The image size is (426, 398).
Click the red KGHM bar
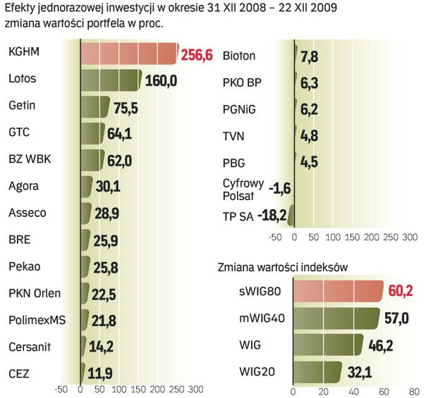[x=128, y=54]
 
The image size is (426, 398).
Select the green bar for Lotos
[x=111, y=80]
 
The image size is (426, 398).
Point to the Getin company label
[x=21, y=106]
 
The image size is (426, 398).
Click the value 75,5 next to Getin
[x=126, y=107]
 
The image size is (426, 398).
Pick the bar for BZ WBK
[x=92, y=160]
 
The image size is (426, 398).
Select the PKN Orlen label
[x=35, y=293]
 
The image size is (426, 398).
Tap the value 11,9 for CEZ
[x=99, y=373]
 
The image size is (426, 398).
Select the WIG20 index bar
[x=317, y=371]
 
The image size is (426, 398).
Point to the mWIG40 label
[x=262, y=318]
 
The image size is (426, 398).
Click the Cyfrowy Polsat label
[x=243, y=189]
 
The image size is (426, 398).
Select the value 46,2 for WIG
[x=379, y=345]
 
